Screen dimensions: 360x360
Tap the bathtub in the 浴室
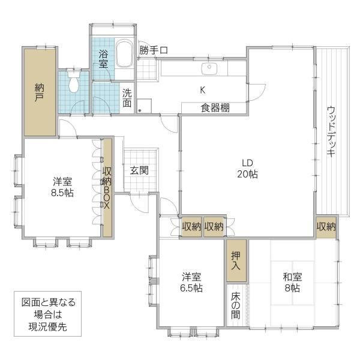tap(124, 53)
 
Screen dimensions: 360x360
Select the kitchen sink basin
tap(209, 68)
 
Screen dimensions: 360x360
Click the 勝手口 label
tap(154, 50)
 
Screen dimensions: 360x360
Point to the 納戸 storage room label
tap(39, 92)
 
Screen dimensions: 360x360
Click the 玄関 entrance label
tap(139, 170)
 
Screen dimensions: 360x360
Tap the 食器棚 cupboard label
tap(215, 107)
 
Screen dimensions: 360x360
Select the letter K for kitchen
tap(203, 90)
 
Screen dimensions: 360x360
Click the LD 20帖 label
tap(247, 169)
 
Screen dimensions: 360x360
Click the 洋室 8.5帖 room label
tap(62, 187)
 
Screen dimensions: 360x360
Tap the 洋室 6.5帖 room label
tap(191, 282)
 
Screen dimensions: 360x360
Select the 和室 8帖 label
tap(292, 282)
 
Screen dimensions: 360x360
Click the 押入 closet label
tap(236, 260)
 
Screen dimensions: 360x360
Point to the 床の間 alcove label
tap(236, 305)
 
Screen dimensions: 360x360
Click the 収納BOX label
tap(107, 187)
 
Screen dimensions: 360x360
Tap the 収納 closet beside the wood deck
tap(326, 227)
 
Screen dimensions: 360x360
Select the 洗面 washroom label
tap(127, 98)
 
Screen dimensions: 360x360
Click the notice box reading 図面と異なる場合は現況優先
tap(48, 314)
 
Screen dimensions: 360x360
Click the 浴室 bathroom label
tap(103, 59)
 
